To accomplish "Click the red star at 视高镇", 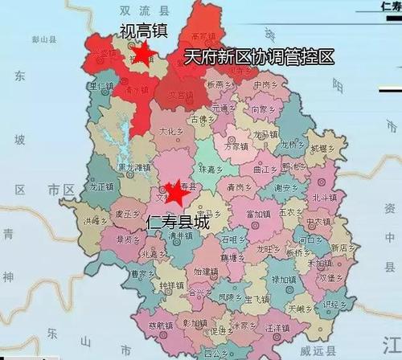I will [143, 54].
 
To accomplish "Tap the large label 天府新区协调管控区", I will [258, 57].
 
